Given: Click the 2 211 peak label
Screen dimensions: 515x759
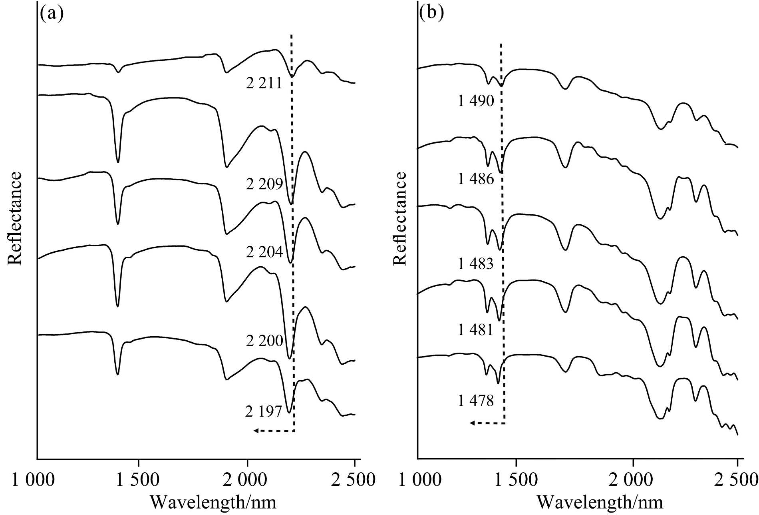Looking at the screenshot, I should (264, 84).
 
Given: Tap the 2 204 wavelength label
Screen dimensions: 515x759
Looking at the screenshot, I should (264, 252).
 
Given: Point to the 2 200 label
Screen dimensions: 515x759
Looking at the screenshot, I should (264, 341).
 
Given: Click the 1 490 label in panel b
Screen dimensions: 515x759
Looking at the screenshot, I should (476, 102).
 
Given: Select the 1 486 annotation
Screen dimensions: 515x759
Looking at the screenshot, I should (476, 180).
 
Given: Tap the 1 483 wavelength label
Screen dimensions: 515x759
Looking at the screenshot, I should (476, 264).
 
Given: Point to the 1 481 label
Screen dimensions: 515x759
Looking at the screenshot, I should (476, 331).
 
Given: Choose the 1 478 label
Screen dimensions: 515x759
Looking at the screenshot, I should (476, 401).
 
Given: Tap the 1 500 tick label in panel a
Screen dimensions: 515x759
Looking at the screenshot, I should (138, 480).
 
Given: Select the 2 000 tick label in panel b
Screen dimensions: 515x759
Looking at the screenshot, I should (633, 480).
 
